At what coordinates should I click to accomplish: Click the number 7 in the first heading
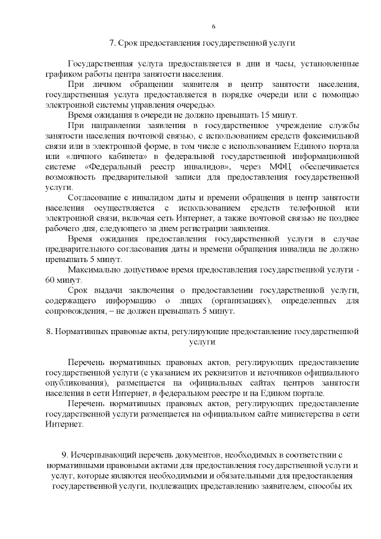tap(112, 43)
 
